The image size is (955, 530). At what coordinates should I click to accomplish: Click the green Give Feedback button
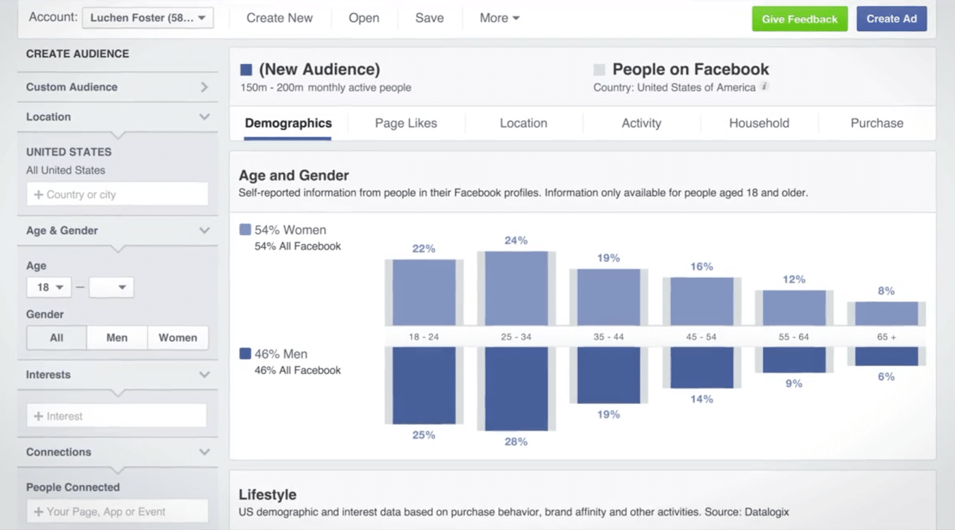click(x=799, y=19)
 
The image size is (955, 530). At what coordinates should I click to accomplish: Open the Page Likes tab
click(x=406, y=123)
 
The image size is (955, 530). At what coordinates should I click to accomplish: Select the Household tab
click(x=759, y=123)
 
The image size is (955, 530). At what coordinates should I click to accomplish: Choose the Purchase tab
click(x=876, y=123)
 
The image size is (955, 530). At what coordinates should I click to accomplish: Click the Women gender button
click(x=177, y=338)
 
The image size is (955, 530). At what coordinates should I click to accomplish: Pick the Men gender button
click(x=117, y=338)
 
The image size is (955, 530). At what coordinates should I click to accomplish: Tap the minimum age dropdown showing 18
click(x=50, y=287)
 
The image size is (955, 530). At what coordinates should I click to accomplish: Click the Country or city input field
click(x=118, y=195)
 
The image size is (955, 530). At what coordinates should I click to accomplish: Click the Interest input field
click(x=117, y=416)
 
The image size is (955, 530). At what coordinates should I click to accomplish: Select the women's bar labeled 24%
click(x=516, y=289)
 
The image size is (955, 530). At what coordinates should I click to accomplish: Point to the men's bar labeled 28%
click(x=516, y=388)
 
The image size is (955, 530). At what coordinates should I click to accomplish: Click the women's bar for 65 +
click(x=886, y=314)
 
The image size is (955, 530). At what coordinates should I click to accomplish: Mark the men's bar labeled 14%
click(x=701, y=367)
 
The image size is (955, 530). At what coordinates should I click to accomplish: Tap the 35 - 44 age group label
click(x=608, y=337)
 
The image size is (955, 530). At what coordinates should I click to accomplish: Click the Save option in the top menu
click(x=429, y=18)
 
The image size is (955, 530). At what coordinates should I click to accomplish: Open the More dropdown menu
click(x=499, y=18)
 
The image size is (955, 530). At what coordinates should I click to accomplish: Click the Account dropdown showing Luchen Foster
click(x=147, y=18)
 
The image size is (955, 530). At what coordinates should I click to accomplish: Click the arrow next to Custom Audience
click(x=204, y=87)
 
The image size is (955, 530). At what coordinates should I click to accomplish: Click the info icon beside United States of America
click(x=765, y=87)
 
